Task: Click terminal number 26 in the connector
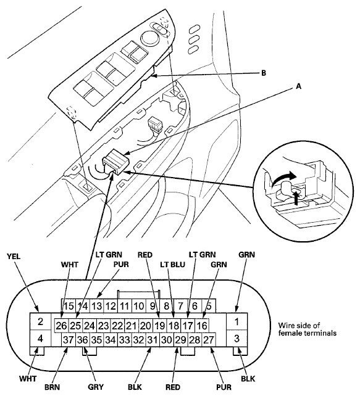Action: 61,326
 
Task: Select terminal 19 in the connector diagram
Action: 159,326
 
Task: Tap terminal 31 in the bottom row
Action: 153,340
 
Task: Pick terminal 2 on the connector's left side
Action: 40,321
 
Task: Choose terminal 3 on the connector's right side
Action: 237,339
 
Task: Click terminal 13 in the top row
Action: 96,306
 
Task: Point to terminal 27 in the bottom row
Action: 209,340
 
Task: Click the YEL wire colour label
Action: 14,257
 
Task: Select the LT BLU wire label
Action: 172,265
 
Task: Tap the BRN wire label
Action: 52,387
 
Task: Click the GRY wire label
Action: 96,387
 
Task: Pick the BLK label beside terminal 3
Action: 248,379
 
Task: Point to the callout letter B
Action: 264,73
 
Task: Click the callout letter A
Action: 299,86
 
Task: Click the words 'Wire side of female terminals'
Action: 307,329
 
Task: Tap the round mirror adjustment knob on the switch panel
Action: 149,37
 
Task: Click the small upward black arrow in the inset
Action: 295,197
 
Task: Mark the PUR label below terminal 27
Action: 224,387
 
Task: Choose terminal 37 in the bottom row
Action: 69,340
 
